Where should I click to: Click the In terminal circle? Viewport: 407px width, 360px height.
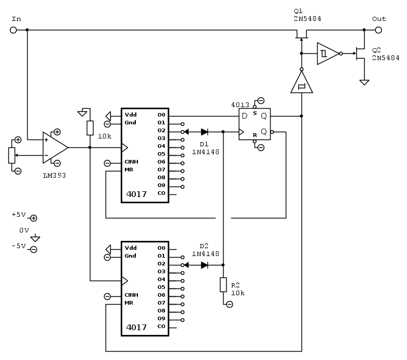(14, 30)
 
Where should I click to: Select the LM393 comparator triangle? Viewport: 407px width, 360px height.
(55, 147)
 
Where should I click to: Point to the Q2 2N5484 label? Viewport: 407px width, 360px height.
(386, 54)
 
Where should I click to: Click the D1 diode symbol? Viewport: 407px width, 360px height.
(204, 132)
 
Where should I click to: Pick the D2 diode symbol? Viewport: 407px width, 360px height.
(204, 265)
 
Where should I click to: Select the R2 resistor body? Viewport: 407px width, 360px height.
(223, 285)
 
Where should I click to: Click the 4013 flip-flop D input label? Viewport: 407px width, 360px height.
(244, 116)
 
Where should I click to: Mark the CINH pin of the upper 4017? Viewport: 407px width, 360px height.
(132, 162)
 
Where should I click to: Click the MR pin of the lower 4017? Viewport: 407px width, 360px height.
(129, 303)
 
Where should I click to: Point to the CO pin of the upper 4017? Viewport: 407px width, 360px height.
(162, 193)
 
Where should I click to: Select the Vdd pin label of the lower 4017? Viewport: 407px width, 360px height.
(131, 248)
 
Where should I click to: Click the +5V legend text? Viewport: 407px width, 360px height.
(18, 215)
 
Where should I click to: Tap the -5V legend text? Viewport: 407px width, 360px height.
(18, 246)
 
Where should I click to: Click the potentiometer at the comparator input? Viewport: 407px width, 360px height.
(12, 155)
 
